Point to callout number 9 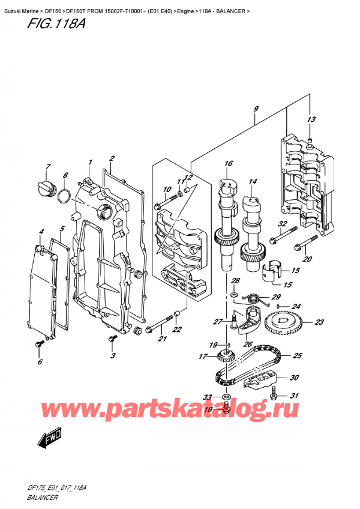tap(256, 109)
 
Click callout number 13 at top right tap(310, 120)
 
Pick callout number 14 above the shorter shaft tap(253, 181)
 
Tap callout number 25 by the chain tap(297, 356)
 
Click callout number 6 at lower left tap(40, 362)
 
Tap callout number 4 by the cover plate tap(41, 232)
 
